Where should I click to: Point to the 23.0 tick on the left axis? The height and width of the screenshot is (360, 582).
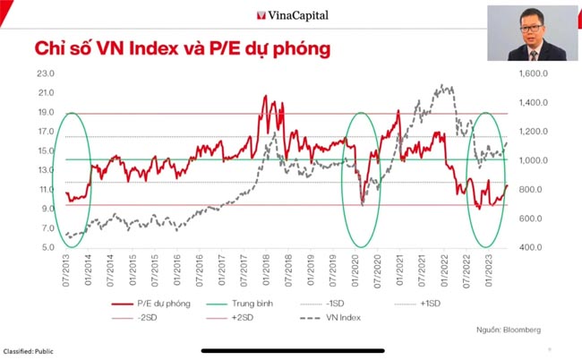coord(46,73)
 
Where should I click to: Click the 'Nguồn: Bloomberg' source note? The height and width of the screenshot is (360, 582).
coord(510,330)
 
